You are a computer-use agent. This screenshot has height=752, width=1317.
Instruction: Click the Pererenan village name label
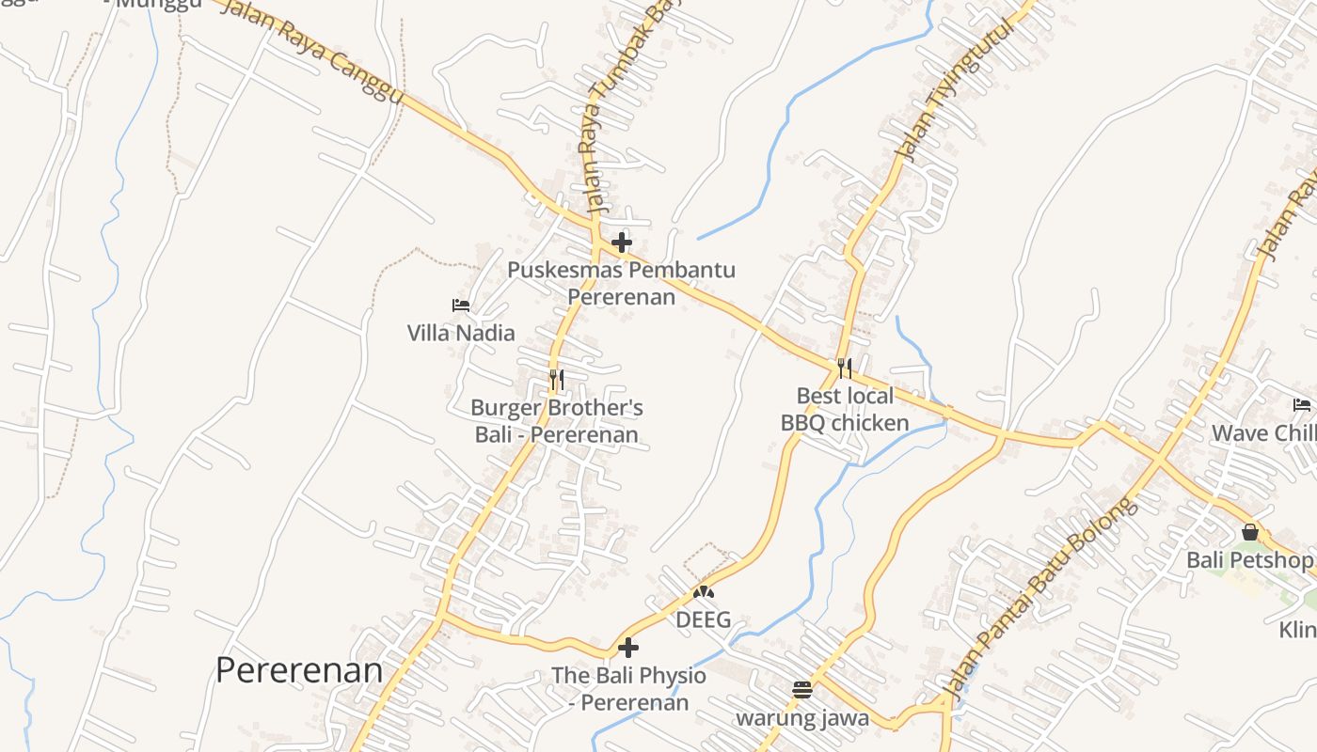[x=299, y=671]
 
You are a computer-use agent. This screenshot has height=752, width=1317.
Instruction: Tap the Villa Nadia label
[x=461, y=333]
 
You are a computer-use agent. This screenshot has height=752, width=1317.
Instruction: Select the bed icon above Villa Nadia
[x=461, y=305]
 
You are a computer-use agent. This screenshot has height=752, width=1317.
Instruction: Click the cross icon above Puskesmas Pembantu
[x=621, y=243]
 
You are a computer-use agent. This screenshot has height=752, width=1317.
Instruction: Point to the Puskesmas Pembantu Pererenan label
[x=621, y=283]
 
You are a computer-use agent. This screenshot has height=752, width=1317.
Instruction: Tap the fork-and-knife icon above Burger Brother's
[x=557, y=380]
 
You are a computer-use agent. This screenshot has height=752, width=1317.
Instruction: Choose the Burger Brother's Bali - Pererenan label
[x=557, y=421]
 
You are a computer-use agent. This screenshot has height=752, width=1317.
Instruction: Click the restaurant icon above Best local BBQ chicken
[x=845, y=368]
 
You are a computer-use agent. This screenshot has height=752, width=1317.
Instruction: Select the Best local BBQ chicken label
[x=845, y=409]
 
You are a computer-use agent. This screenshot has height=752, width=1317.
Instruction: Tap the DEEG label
[x=703, y=620]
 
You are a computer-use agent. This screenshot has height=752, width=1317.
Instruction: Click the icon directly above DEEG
[x=703, y=592]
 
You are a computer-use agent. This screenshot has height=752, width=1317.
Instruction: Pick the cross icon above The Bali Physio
[x=628, y=648]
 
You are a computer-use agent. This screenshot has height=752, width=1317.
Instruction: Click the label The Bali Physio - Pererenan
[x=628, y=688]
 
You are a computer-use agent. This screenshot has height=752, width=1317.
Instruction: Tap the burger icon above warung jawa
[x=801, y=690]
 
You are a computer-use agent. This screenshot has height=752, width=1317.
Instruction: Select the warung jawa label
[x=801, y=719]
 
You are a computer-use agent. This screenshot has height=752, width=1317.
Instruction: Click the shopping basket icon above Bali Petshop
[x=1249, y=532]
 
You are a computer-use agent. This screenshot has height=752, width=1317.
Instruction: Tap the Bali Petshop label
[x=1248, y=560]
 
